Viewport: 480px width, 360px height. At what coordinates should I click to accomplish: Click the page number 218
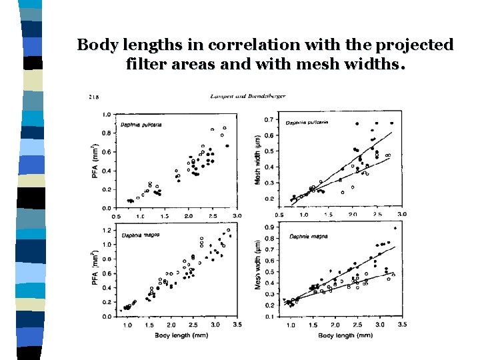[94, 97]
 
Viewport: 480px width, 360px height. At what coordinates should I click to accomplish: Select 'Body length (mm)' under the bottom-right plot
[344, 335]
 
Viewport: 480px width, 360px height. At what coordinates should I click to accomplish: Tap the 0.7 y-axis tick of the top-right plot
[269, 119]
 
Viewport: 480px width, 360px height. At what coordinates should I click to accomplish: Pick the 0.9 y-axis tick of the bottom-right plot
[269, 227]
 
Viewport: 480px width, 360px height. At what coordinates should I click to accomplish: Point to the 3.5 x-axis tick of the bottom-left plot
[236, 324]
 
